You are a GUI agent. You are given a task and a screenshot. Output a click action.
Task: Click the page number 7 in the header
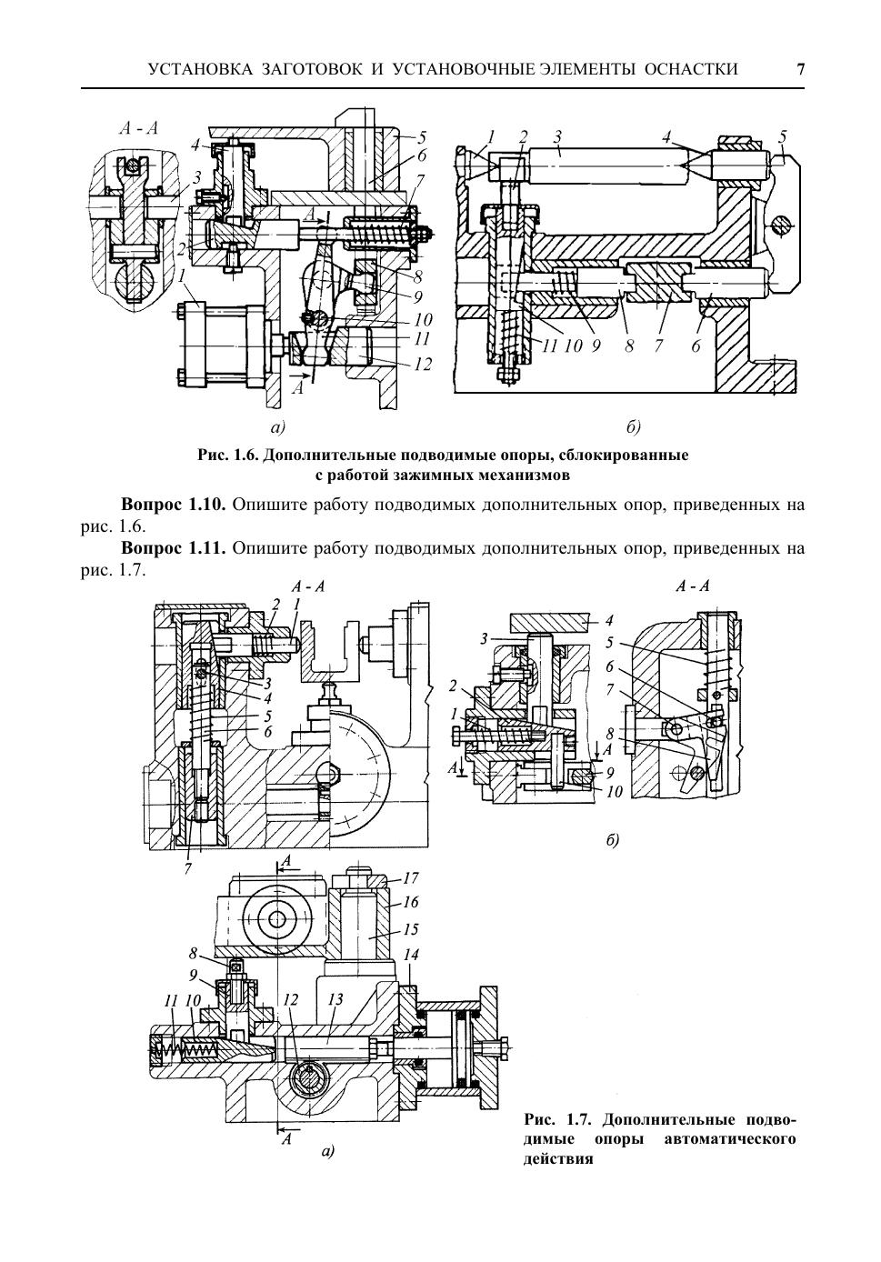tap(800, 69)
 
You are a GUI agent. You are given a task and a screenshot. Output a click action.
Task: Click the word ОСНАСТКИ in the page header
tap(691, 69)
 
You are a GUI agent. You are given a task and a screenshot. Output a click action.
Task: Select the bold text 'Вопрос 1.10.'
tap(174, 504)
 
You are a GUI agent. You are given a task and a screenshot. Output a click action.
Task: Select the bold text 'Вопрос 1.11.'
tap(174, 547)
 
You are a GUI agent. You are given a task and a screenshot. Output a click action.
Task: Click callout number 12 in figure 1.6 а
tap(423, 365)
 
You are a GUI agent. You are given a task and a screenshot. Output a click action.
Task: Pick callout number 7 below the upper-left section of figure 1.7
tap(187, 868)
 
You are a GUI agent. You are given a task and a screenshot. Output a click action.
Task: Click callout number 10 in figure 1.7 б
tap(614, 792)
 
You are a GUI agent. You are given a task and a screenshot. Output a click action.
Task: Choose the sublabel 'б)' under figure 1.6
tap(633, 428)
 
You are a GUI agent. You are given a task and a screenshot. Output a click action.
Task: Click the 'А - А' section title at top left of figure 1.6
tap(139, 129)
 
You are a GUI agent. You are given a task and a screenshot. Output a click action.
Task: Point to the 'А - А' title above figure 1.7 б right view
tap(693, 586)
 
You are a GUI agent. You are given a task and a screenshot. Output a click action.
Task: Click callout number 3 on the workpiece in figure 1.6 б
tap(557, 136)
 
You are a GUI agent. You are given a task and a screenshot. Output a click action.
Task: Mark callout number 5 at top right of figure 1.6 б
tap(782, 136)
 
